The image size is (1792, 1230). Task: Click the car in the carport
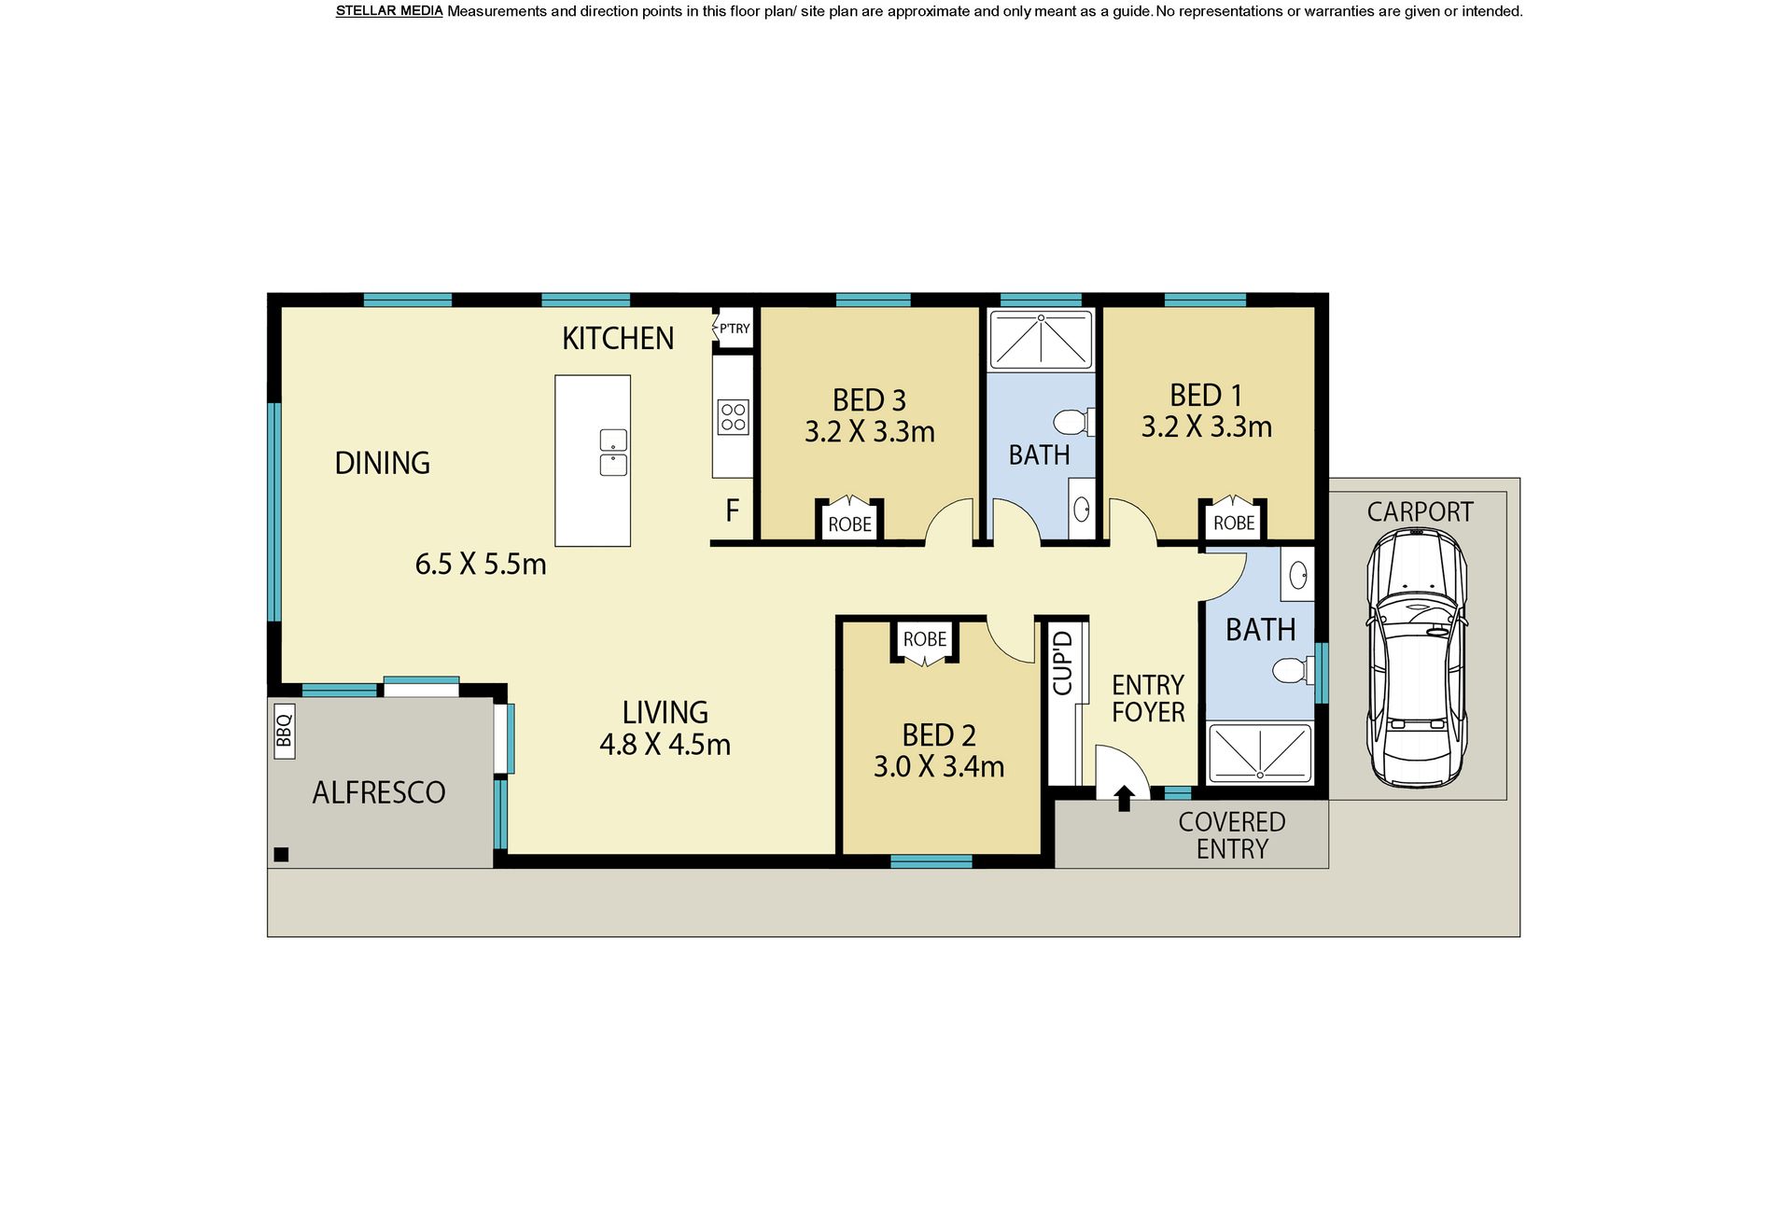1417,657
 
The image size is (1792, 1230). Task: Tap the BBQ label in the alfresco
285,731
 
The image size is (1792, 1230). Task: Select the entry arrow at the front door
1125,798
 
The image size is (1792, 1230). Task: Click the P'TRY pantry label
735,328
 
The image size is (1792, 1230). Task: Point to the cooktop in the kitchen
734,417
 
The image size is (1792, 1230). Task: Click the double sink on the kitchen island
613,453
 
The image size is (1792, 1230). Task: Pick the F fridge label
733,510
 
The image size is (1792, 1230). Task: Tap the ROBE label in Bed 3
849,524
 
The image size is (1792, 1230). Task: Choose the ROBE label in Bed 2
925,639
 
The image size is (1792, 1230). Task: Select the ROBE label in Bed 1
1234,524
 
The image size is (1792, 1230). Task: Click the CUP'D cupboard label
1063,663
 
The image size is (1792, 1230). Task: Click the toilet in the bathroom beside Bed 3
1072,422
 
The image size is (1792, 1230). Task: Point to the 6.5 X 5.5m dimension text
481,565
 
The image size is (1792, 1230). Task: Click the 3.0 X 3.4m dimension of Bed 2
939,767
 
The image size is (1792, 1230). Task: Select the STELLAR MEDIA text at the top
389,11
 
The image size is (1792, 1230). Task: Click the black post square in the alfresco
281,854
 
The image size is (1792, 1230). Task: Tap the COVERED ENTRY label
1232,835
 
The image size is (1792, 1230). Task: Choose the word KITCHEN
618,338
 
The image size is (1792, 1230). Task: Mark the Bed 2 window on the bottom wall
931,861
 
